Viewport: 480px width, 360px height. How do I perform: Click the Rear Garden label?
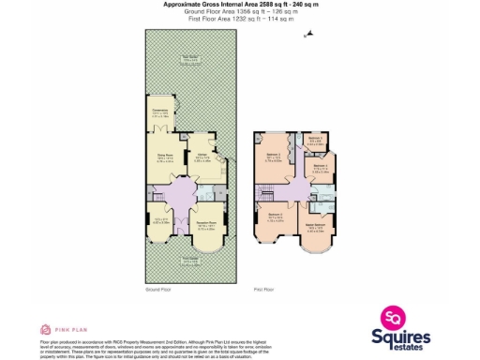(190, 58)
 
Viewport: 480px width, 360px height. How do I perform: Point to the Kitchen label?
(202, 158)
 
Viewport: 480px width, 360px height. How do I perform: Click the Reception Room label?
(208, 226)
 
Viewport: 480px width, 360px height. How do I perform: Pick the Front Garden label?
(190, 262)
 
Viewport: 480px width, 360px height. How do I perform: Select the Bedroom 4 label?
(319, 168)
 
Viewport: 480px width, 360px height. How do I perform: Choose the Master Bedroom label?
(316, 228)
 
